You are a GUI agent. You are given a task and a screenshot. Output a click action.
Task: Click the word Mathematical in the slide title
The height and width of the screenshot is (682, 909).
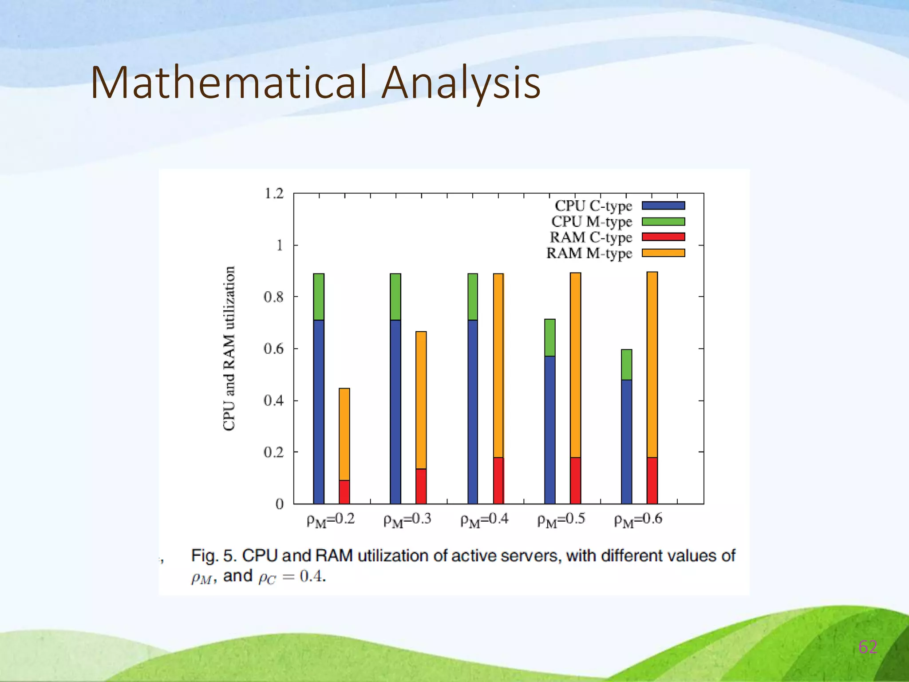(x=229, y=83)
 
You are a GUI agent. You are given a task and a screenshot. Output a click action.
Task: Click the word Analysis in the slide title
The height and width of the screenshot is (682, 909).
(x=461, y=83)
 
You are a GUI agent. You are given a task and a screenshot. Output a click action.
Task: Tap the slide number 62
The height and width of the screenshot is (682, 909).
(x=867, y=647)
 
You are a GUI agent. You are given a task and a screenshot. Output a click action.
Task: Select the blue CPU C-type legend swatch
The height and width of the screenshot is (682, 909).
(x=663, y=206)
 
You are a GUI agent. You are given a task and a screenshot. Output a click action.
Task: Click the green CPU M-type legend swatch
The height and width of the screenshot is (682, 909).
(x=663, y=222)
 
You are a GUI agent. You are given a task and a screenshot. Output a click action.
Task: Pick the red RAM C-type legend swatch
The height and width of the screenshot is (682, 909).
(x=663, y=237)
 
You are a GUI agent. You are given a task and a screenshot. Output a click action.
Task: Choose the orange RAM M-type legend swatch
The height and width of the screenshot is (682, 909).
(x=663, y=253)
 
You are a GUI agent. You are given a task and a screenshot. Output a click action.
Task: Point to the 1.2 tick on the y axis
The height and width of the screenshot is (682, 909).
(x=273, y=194)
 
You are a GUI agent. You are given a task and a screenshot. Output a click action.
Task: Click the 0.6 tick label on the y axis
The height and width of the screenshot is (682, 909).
(x=273, y=349)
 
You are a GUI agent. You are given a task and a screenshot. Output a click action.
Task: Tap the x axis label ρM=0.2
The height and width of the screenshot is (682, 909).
(x=331, y=519)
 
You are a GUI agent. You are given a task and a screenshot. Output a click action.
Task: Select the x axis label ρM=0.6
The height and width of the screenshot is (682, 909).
(x=638, y=519)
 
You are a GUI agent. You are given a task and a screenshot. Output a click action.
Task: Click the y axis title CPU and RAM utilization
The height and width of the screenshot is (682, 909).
(x=229, y=349)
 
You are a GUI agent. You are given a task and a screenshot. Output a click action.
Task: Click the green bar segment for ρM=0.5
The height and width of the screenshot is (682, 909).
(x=549, y=337)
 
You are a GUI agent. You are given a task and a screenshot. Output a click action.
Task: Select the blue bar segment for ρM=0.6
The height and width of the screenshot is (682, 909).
(x=626, y=442)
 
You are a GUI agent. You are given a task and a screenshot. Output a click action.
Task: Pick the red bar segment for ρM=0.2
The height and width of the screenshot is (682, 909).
(x=344, y=492)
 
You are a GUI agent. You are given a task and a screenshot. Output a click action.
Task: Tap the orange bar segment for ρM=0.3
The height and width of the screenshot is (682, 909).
(x=421, y=400)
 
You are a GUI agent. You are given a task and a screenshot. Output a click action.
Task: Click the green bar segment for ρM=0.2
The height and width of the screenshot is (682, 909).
(x=319, y=297)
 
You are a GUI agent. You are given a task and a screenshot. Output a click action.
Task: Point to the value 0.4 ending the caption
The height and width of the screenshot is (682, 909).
(x=312, y=577)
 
